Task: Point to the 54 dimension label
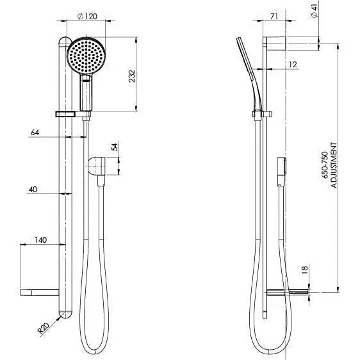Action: (115, 147)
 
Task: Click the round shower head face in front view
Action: (86, 56)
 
